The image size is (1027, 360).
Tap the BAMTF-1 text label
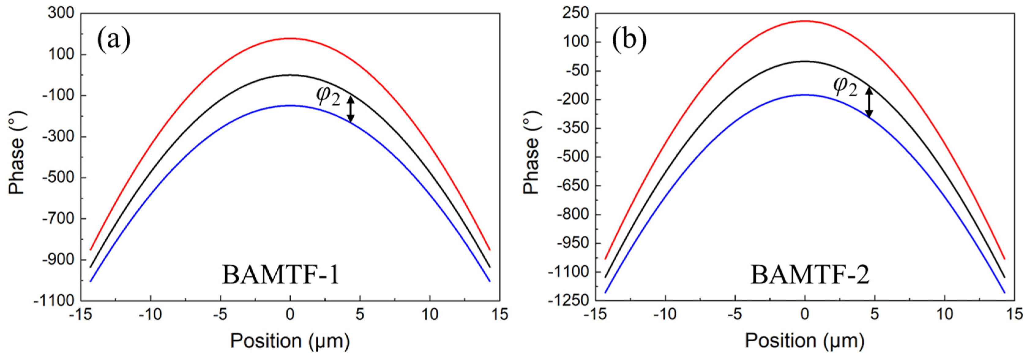point(280,275)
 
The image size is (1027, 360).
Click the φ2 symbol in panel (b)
point(845,87)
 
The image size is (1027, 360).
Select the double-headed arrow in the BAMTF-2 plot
point(869,103)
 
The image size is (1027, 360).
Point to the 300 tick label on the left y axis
point(61,13)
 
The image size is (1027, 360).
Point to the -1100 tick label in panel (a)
point(54,301)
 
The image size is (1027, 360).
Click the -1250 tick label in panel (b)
point(569,301)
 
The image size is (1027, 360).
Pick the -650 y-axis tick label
point(573,186)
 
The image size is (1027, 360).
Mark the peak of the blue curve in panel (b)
point(805,95)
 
